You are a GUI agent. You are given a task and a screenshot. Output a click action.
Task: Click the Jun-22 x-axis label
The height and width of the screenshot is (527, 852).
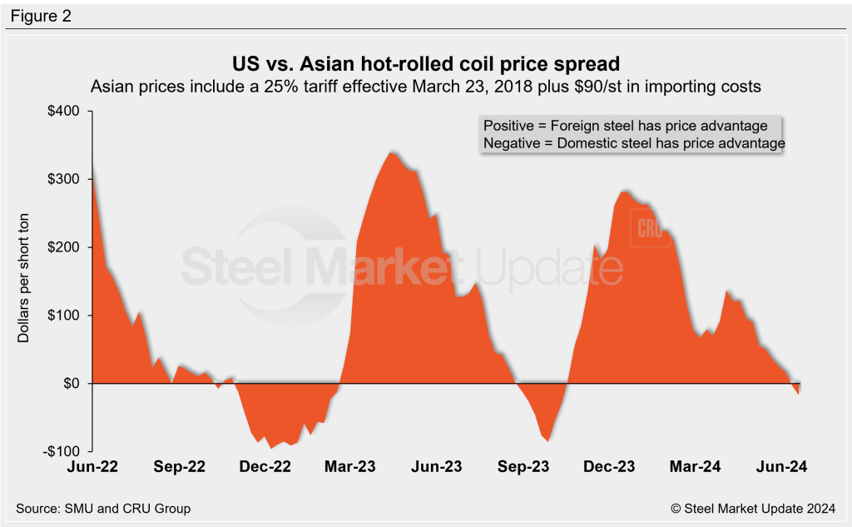pyautogui.click(x=94, y=467)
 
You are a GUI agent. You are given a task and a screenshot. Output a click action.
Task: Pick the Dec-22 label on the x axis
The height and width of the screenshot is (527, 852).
pyautogui.click(x=265, y=467)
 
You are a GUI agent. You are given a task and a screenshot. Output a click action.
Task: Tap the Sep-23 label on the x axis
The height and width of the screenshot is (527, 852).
pyautogui.click(x=523, y=467)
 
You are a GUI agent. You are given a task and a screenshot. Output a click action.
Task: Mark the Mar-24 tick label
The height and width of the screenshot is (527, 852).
pyautogui.click(x=695, y=467)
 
